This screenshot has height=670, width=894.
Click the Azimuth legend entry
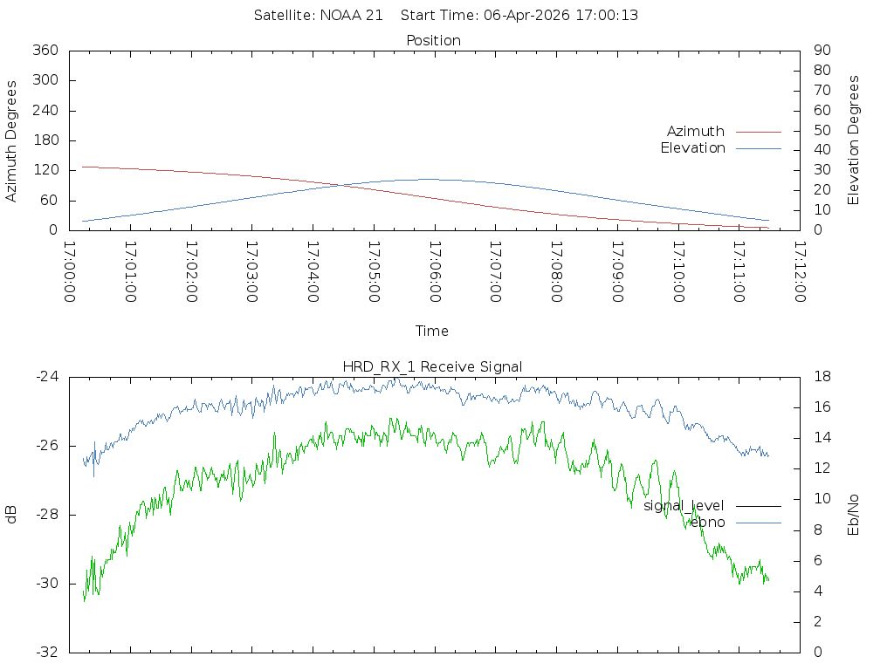pyautogui.click(x=696, y=132)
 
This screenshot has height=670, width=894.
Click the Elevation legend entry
pyautogui.click(x=692, y=148)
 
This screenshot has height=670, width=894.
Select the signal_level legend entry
pyautogui.click(x=684, y=506)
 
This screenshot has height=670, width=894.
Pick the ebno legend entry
pyautogui.click(x=706, y=523)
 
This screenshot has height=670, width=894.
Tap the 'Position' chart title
pyautogui.click(x=433, y=41)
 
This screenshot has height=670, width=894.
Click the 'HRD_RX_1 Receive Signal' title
pyautogui.click(x=433, y=366)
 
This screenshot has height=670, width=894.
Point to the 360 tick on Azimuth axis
pyautogui.click(x=45, y=51)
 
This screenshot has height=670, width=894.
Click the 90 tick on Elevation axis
pyautogui.click(x=821, y=51)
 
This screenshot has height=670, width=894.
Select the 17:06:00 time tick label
pyautogui.click(x=434, y=272)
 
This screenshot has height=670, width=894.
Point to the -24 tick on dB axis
pyautogui.click(x=46, y=377)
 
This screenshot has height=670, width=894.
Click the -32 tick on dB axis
pyautogui.click(x=46, y=652)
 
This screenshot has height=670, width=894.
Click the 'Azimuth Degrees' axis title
pyautogui.click(x=12, y=140)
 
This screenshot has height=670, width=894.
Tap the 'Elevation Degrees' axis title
pyautogui.click(x=854, y=140)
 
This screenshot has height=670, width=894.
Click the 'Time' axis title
pyautogui.click(x=432, y=331)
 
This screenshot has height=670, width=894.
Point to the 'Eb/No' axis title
pyautogui.click(x=854, y=515)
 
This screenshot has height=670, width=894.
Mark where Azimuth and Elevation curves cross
pyautogui.click(x=339, y=185)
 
